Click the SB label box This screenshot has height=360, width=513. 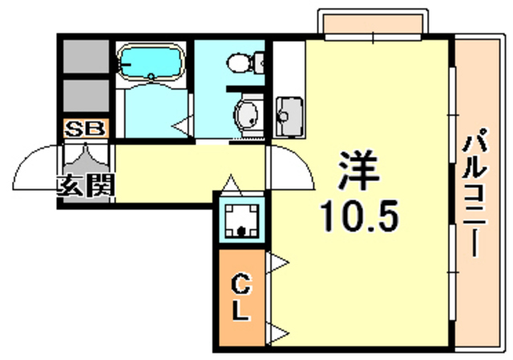tap(86, 128)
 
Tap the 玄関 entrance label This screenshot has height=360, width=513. tap(86, 186)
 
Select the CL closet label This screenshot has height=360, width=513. tap(241, 297)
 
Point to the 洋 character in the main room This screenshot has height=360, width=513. tap(359, 170)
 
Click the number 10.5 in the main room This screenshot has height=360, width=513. tap(359, 216)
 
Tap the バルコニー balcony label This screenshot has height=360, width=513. tap(475, 192)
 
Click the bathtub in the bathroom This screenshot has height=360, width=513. tap(151, 63)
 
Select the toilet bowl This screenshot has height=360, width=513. tap(245, 63)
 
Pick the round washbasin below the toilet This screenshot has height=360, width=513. tap(247, 115)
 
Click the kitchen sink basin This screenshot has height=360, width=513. tap(289, 116)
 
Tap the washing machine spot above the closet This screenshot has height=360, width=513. tap(241, 219)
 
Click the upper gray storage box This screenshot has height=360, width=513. tap(86, 56)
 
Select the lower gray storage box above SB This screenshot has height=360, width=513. tap(86, 96)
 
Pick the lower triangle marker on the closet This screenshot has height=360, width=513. tap(277, 334)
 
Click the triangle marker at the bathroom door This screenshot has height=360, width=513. tap(183, 126)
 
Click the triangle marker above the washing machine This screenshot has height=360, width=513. tap(231, 185)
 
